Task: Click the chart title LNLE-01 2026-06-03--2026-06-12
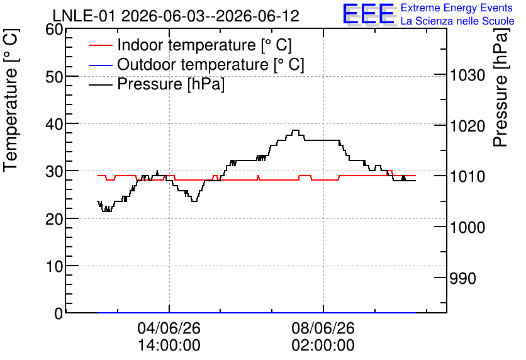point(176,16)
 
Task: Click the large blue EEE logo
point(369,14)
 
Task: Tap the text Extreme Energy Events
point(457,8)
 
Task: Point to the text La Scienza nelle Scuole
point(457,21)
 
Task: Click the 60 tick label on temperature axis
point(54,30)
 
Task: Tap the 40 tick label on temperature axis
point(54,124)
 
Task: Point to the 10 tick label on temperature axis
point(54,266)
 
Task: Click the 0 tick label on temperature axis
point(59,313)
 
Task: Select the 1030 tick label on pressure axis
point(467,75)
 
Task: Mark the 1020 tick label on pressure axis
point(467,127)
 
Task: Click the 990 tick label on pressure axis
point(462,278)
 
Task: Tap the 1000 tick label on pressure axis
point(467,227)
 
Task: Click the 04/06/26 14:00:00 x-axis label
point(169,336)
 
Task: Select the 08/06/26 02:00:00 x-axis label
point(323,336)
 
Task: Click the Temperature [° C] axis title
point(11,100)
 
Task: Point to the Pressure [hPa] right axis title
point(500,87)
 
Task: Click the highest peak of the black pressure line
point(296,130)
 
